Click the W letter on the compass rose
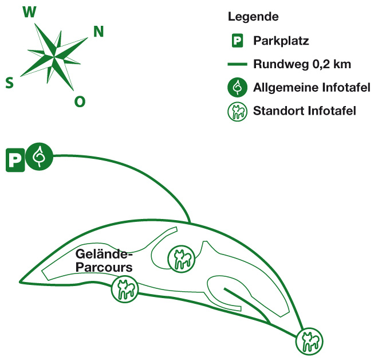pos(28,13)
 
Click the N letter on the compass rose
pos(99,32)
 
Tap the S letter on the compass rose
pos(10,83)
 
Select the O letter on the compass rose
pos(80,102)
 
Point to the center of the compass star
pos(55,57)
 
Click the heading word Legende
pos(253,17)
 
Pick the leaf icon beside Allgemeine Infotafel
pos(237,88)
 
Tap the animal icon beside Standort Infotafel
pos(237,111)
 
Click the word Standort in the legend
pos(275,111)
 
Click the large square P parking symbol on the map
pos(15,159)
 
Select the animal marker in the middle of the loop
pos(182,259)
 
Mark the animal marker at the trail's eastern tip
pos(309,343)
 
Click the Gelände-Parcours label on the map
pos(103,260)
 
